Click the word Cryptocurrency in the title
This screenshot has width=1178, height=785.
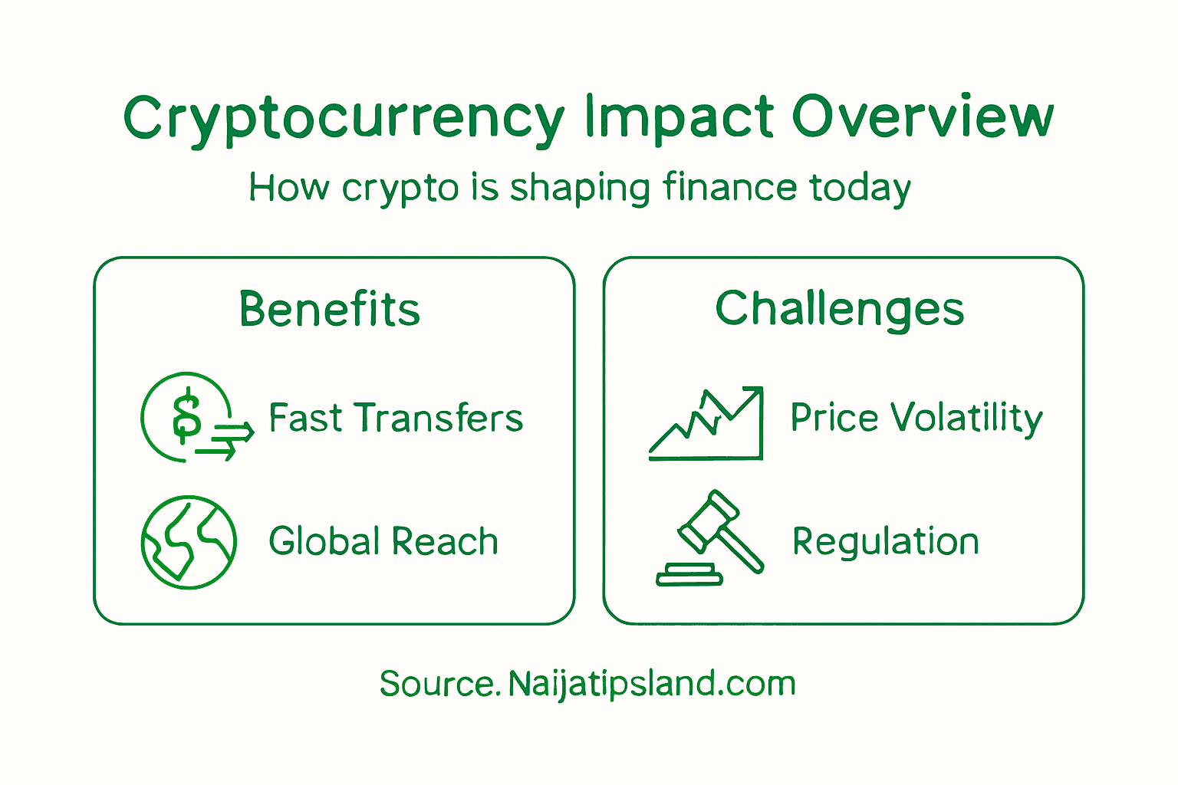pos(344,119)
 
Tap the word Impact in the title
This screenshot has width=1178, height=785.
pos(679,119)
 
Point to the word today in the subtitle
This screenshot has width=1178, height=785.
pos(860,189)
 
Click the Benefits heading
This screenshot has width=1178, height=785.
pos(330,309)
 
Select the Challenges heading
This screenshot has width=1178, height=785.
pos(840,309)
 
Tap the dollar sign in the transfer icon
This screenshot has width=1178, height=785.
pos(186,416)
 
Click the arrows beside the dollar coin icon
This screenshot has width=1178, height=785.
pos(228,442)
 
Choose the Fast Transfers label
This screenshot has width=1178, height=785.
pos(396,419)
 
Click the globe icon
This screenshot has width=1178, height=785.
pos(189,542)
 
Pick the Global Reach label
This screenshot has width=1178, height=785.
pos(383,541)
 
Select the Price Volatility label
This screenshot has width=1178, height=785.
pos(916,419)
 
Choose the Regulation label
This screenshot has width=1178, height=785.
pos(886,542)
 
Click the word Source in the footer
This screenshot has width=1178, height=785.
pos(437,684)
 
